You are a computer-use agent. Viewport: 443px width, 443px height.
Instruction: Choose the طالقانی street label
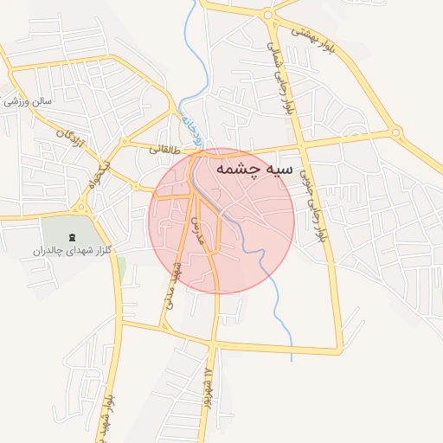click(164, 149)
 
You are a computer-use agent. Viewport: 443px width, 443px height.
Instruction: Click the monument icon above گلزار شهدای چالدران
click(71, 236)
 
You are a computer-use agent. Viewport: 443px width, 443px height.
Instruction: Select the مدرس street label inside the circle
click(195, 231)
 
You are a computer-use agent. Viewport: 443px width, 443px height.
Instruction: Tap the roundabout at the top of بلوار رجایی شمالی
click(267, 14)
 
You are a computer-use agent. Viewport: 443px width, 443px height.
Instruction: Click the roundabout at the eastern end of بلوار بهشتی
click(395, 133)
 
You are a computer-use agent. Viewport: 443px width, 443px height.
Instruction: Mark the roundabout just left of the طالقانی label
click(135, 186)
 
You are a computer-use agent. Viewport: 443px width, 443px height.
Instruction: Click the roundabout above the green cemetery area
click(83, 207)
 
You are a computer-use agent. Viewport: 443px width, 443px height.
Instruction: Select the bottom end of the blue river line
click(292, 360)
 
